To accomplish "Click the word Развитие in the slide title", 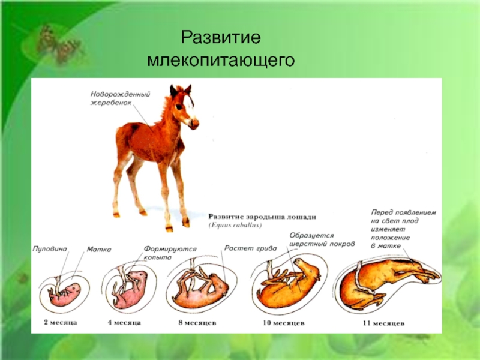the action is tap(221, 37).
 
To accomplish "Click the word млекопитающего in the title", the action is tap(221, 60).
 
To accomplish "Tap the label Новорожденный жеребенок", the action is tap(120, 98).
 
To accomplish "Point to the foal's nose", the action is tap(194, 124).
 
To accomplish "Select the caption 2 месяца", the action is tap(61, 322).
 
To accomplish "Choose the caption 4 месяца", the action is tap(124, 322).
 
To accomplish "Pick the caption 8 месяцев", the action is tap(197, 323).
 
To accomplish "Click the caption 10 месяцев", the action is tap(283, 323).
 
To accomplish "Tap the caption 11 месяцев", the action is tap(383, 323).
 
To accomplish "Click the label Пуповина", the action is tap(50, 248).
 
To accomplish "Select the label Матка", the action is tap(99, 249).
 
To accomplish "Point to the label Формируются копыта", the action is tap(170, 253).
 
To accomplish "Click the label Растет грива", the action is tap(250, 248).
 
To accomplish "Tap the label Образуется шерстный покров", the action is tap(322, 239).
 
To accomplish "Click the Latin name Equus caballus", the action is tap(235, 226).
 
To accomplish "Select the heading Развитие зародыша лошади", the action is tap(262, 217).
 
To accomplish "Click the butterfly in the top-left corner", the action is tap(59, 44).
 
